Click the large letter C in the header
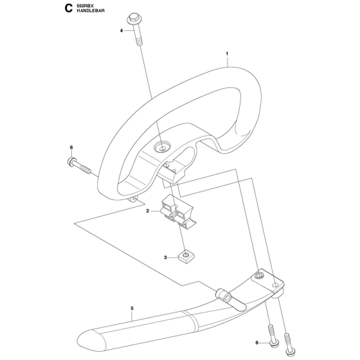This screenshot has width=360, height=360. tap(68, 9)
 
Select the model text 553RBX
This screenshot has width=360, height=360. tap(84, 6)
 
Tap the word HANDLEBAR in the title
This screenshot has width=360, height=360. tap(91, 11)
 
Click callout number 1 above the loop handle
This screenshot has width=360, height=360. tap(227, 54)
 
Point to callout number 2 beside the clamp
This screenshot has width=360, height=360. tap(148, 211)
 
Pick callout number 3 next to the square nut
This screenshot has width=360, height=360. tap(165, 258)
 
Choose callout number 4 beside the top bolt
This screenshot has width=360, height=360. tap(122, 30)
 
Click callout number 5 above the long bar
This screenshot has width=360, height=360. tap(132, 309)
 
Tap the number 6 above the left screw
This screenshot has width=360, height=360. tap(71, 147)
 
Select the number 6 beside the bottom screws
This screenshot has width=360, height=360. tap(257, 343)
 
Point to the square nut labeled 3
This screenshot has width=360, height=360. tap(186, 256)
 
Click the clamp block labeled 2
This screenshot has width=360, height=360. tap(179, 212)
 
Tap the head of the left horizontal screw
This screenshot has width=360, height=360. tap(71, 161)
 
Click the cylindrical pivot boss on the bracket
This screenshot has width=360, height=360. tap(223, 295)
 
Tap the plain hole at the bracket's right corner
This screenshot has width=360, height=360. tap(275, 285)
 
